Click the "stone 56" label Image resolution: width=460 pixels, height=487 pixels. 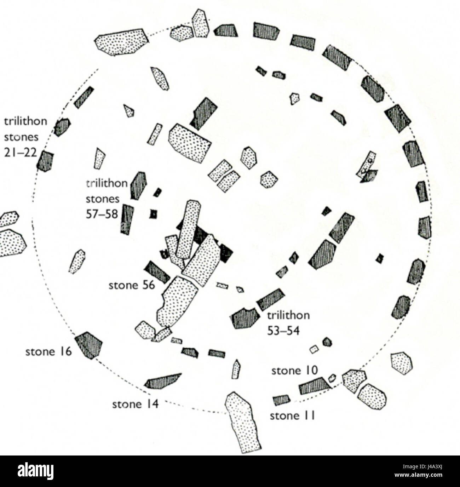point(132,285)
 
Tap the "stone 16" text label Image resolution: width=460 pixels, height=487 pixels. point(48,352)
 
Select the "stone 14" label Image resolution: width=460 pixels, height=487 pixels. point(135,404)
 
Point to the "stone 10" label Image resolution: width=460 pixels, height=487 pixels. point(294,371)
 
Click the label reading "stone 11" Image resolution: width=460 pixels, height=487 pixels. point(292,416)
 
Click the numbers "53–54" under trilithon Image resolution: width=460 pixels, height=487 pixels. point(283,331)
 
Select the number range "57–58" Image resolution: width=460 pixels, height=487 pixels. point(102,214)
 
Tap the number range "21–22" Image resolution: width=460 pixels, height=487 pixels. point(20,152)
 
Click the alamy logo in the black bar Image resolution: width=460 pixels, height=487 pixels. point(36,471)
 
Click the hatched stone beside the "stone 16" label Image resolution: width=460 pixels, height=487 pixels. point(88,345)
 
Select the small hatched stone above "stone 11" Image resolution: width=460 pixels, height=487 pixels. point(281,400)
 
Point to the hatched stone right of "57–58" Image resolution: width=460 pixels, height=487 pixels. point(127,219)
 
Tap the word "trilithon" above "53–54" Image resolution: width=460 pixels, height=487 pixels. point(288,315)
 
